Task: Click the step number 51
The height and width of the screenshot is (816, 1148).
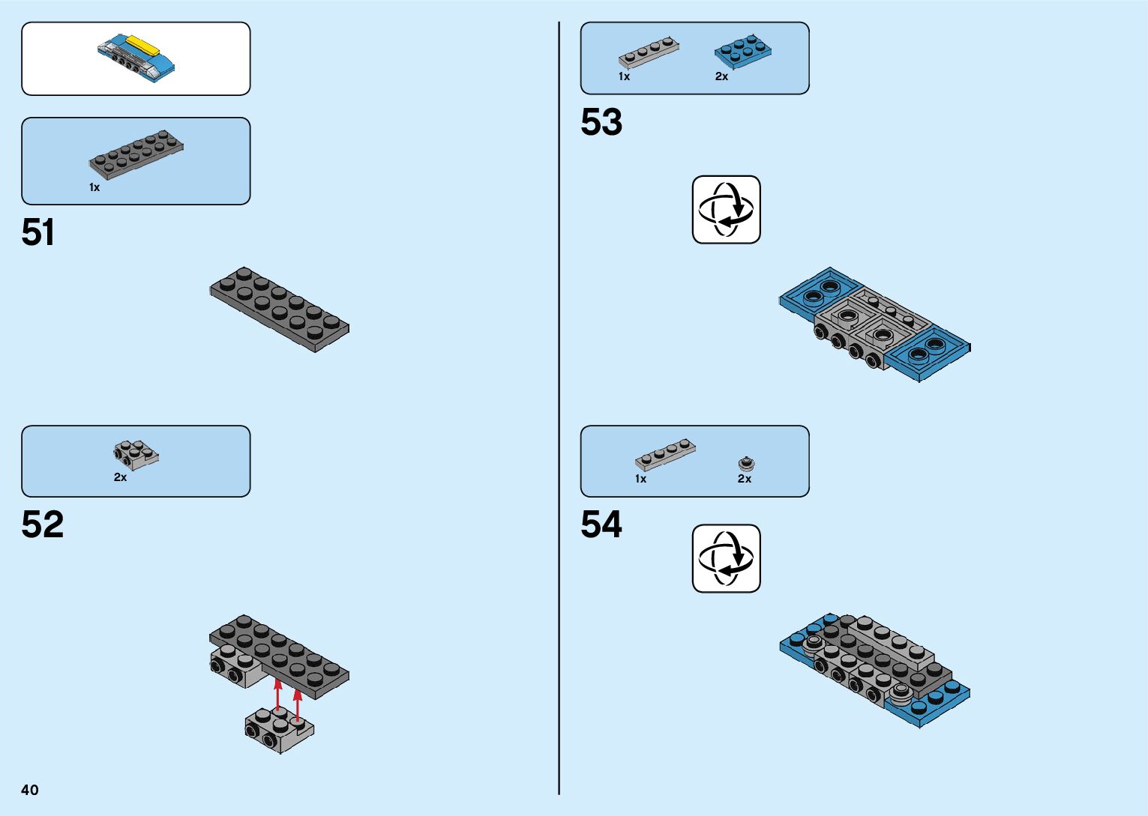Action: [x=38, y=232]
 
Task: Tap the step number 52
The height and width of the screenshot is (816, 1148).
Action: [x=43, y=525]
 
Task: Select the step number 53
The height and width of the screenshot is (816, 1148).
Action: [x=601, y=122]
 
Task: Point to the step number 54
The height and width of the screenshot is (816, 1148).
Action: [x=601, y=525]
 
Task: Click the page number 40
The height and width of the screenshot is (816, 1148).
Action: [x=30, y=790]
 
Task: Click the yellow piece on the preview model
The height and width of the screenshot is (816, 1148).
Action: [x=144, y=46]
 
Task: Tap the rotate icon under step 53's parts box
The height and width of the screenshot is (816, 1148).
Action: [x=726, y=210]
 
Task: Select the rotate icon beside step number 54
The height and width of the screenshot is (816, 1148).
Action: [x=726, y=558]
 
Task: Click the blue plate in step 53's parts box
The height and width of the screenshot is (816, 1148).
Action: [x=743, y=50]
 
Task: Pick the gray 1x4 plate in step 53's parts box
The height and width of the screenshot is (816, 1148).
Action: [x=649, y=53]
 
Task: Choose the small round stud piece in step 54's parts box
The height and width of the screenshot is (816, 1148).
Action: [x=746, y=463]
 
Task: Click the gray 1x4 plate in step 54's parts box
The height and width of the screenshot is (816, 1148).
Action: [x=665, y=454]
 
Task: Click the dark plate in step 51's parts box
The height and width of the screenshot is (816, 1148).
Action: [x=136, y=154]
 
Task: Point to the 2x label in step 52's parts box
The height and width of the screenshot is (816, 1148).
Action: [x=120, y=477]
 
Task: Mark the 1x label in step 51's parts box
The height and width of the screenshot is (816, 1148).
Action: [x=94, y=187]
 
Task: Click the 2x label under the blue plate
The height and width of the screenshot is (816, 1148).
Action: [x=721, y=76]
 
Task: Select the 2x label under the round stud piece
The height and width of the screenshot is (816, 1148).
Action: [x=744, y=479]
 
